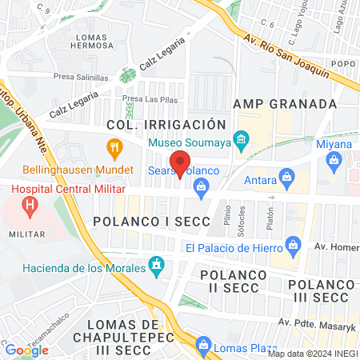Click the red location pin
click(181, 163)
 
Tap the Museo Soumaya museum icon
click(240, 143)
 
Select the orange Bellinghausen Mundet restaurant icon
click(114, 147)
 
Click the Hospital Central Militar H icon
click(30, 206)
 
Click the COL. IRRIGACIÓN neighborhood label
click(166, 125)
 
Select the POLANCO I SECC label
click(151, 220)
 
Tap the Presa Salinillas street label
click(82, 78)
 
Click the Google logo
click(26, 350)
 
